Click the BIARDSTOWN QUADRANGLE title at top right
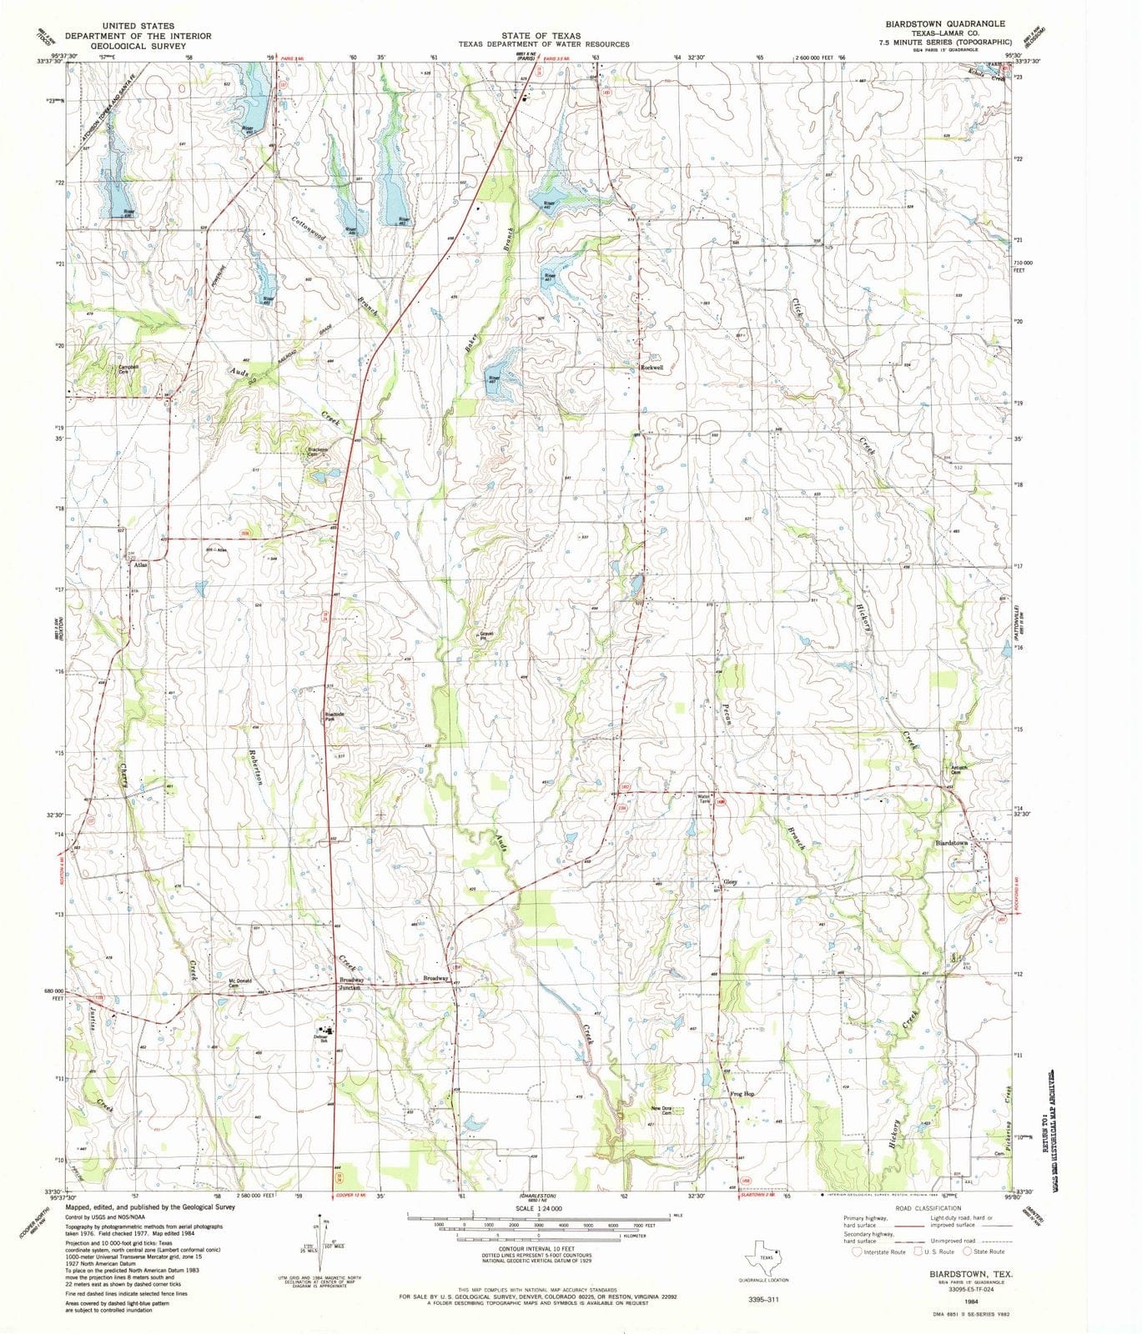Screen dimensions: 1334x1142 tap(933, 24)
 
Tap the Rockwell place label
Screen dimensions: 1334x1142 tap(651, 368)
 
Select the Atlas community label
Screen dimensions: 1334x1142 tap(139, 565)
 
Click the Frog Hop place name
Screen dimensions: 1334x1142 tap(742, 1094)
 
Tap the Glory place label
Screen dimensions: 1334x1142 tap(731, 882)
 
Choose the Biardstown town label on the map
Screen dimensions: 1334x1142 tap(952, 844)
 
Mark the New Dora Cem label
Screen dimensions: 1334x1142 tap(662, 1111)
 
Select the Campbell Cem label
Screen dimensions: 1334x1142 tap(128, 369)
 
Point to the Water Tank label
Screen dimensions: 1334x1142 tap(703, 799)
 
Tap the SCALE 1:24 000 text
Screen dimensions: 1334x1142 tap(539, 1208)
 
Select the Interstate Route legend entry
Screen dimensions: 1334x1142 tap(878, 1251)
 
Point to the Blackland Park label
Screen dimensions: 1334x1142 tap(335, 716)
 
